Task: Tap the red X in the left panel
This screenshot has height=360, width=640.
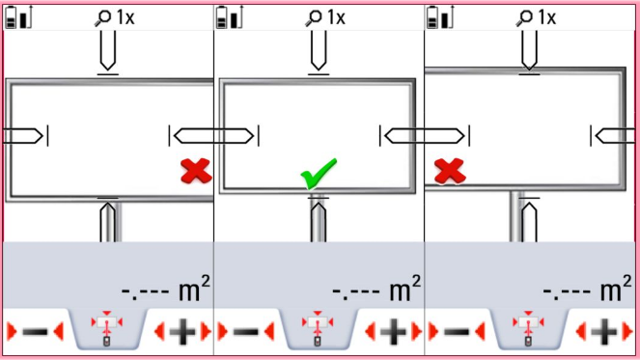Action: point(197,172)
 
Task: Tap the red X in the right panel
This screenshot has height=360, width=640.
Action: point(448,172)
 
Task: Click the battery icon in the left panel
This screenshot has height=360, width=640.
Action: point(16,17)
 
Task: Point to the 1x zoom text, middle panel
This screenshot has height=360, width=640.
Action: point(335,17)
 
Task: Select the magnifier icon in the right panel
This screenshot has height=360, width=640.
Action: point(525,17)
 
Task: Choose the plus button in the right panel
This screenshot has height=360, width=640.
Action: point(603,332)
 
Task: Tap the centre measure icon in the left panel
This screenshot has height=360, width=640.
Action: point(107,329)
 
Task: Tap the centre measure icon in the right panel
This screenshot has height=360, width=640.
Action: point(527,329)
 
